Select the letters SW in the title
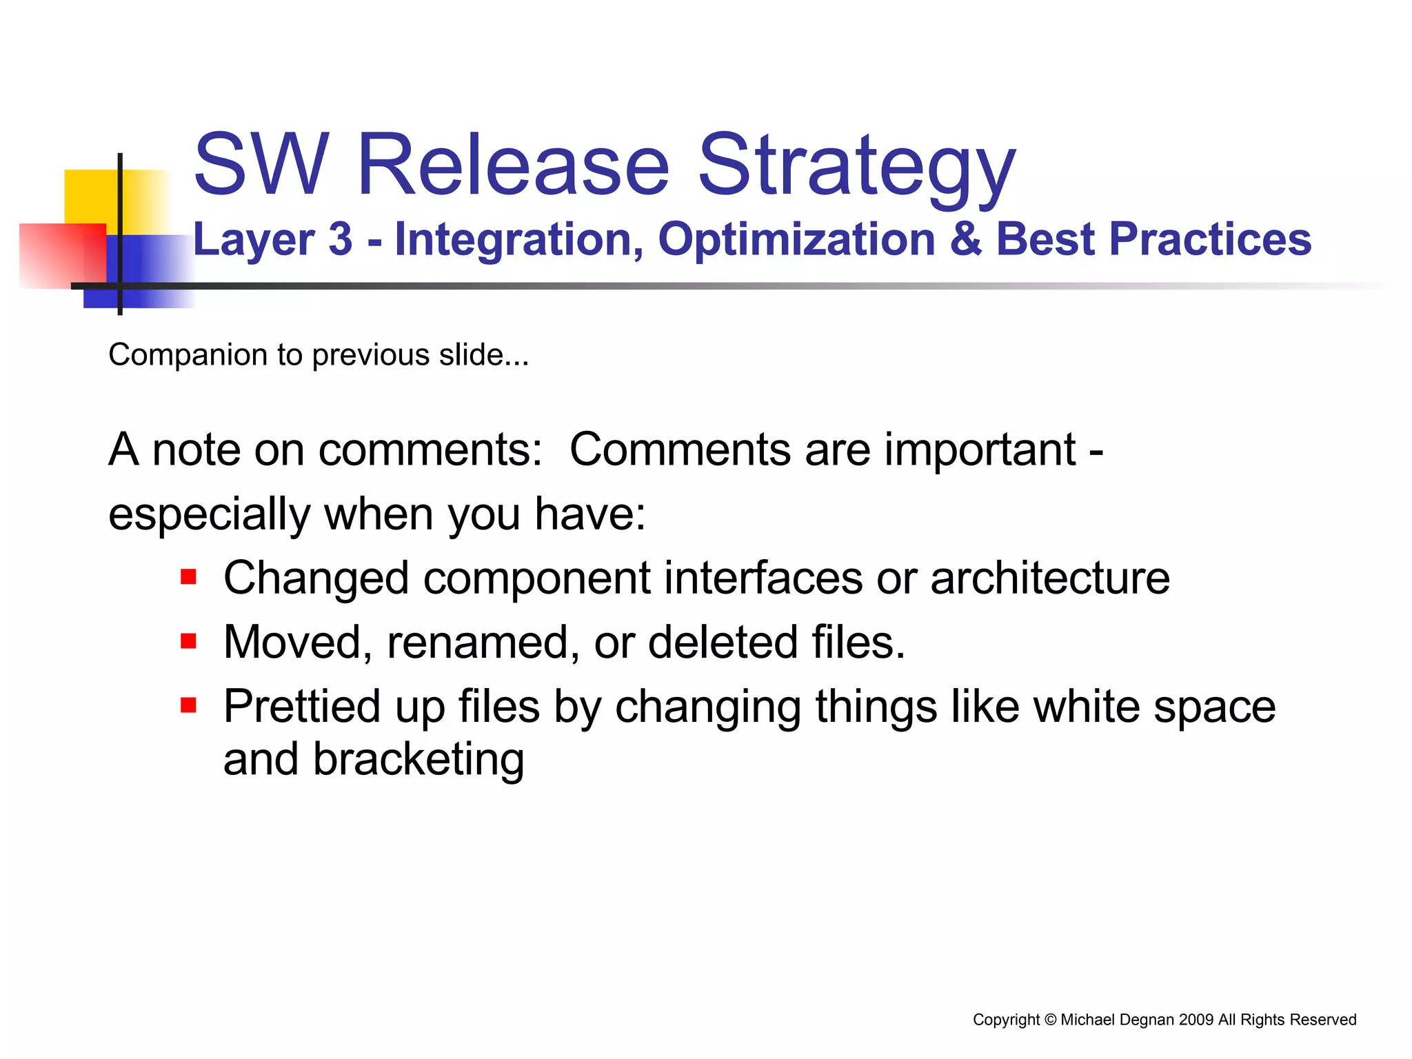[261, 165]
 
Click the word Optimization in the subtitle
[796, 240]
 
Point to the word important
[980, 450]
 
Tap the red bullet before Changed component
[188, 576]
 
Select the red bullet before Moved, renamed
[188, 642]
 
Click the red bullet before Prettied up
[188, 705]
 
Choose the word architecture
[1049, 578]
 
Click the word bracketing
[418, 760]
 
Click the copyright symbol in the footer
[1050, 1020]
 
